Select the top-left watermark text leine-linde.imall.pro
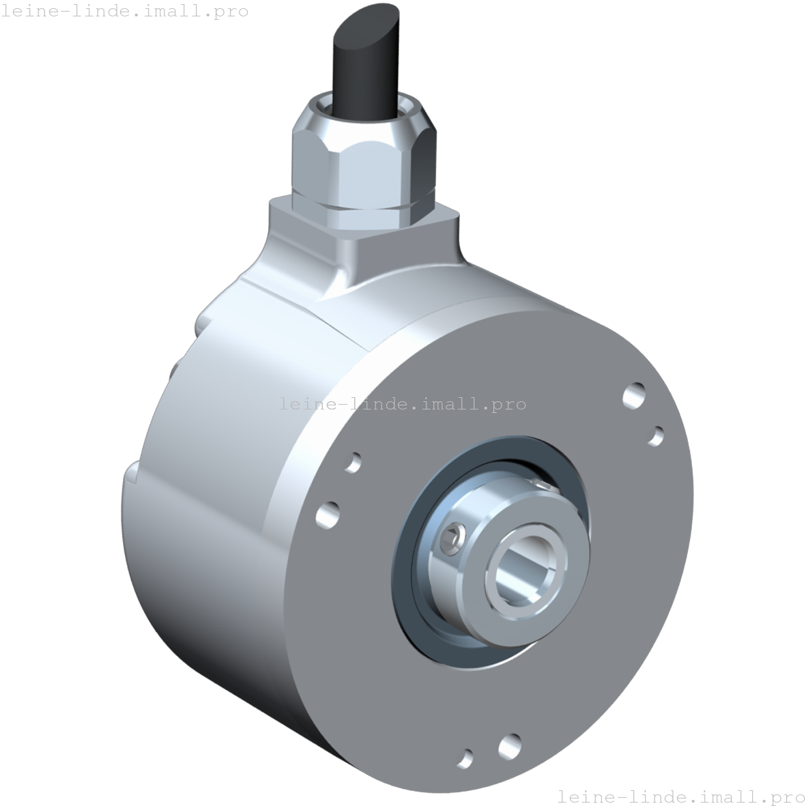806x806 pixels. click(x=124, y=11)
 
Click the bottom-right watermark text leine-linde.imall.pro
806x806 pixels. click(x=681, y=796)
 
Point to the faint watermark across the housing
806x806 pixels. click(x=403, y=403)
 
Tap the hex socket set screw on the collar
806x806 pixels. click(x=453, y=537)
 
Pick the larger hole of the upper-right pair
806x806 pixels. click(x=634, y=395)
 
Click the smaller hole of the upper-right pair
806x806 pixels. click(x=656, y=435)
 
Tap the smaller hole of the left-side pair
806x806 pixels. click(x=354, y=462)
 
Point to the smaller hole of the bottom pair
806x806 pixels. click(x=466, y=758)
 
